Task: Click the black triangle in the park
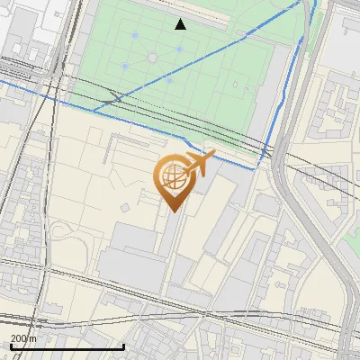point(181,24)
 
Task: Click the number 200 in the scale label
point(18,338)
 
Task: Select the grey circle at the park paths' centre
point(152,58)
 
